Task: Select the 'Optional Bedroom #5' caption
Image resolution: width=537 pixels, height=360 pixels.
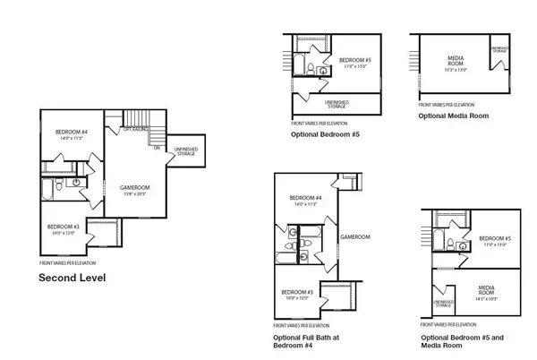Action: [325, 134]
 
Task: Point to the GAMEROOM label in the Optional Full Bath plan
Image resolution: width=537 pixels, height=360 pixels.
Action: [348, 237]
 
